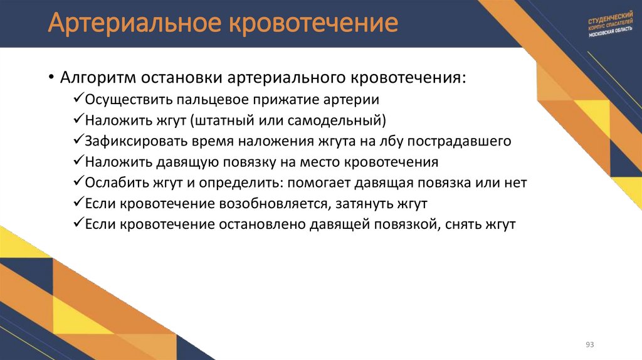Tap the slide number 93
pyautogui.click(x=589, y=345)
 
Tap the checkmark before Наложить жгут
pyautogui.click(x=78, y=120)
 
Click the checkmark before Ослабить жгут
pyautogui.click(x=78, y=183)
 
